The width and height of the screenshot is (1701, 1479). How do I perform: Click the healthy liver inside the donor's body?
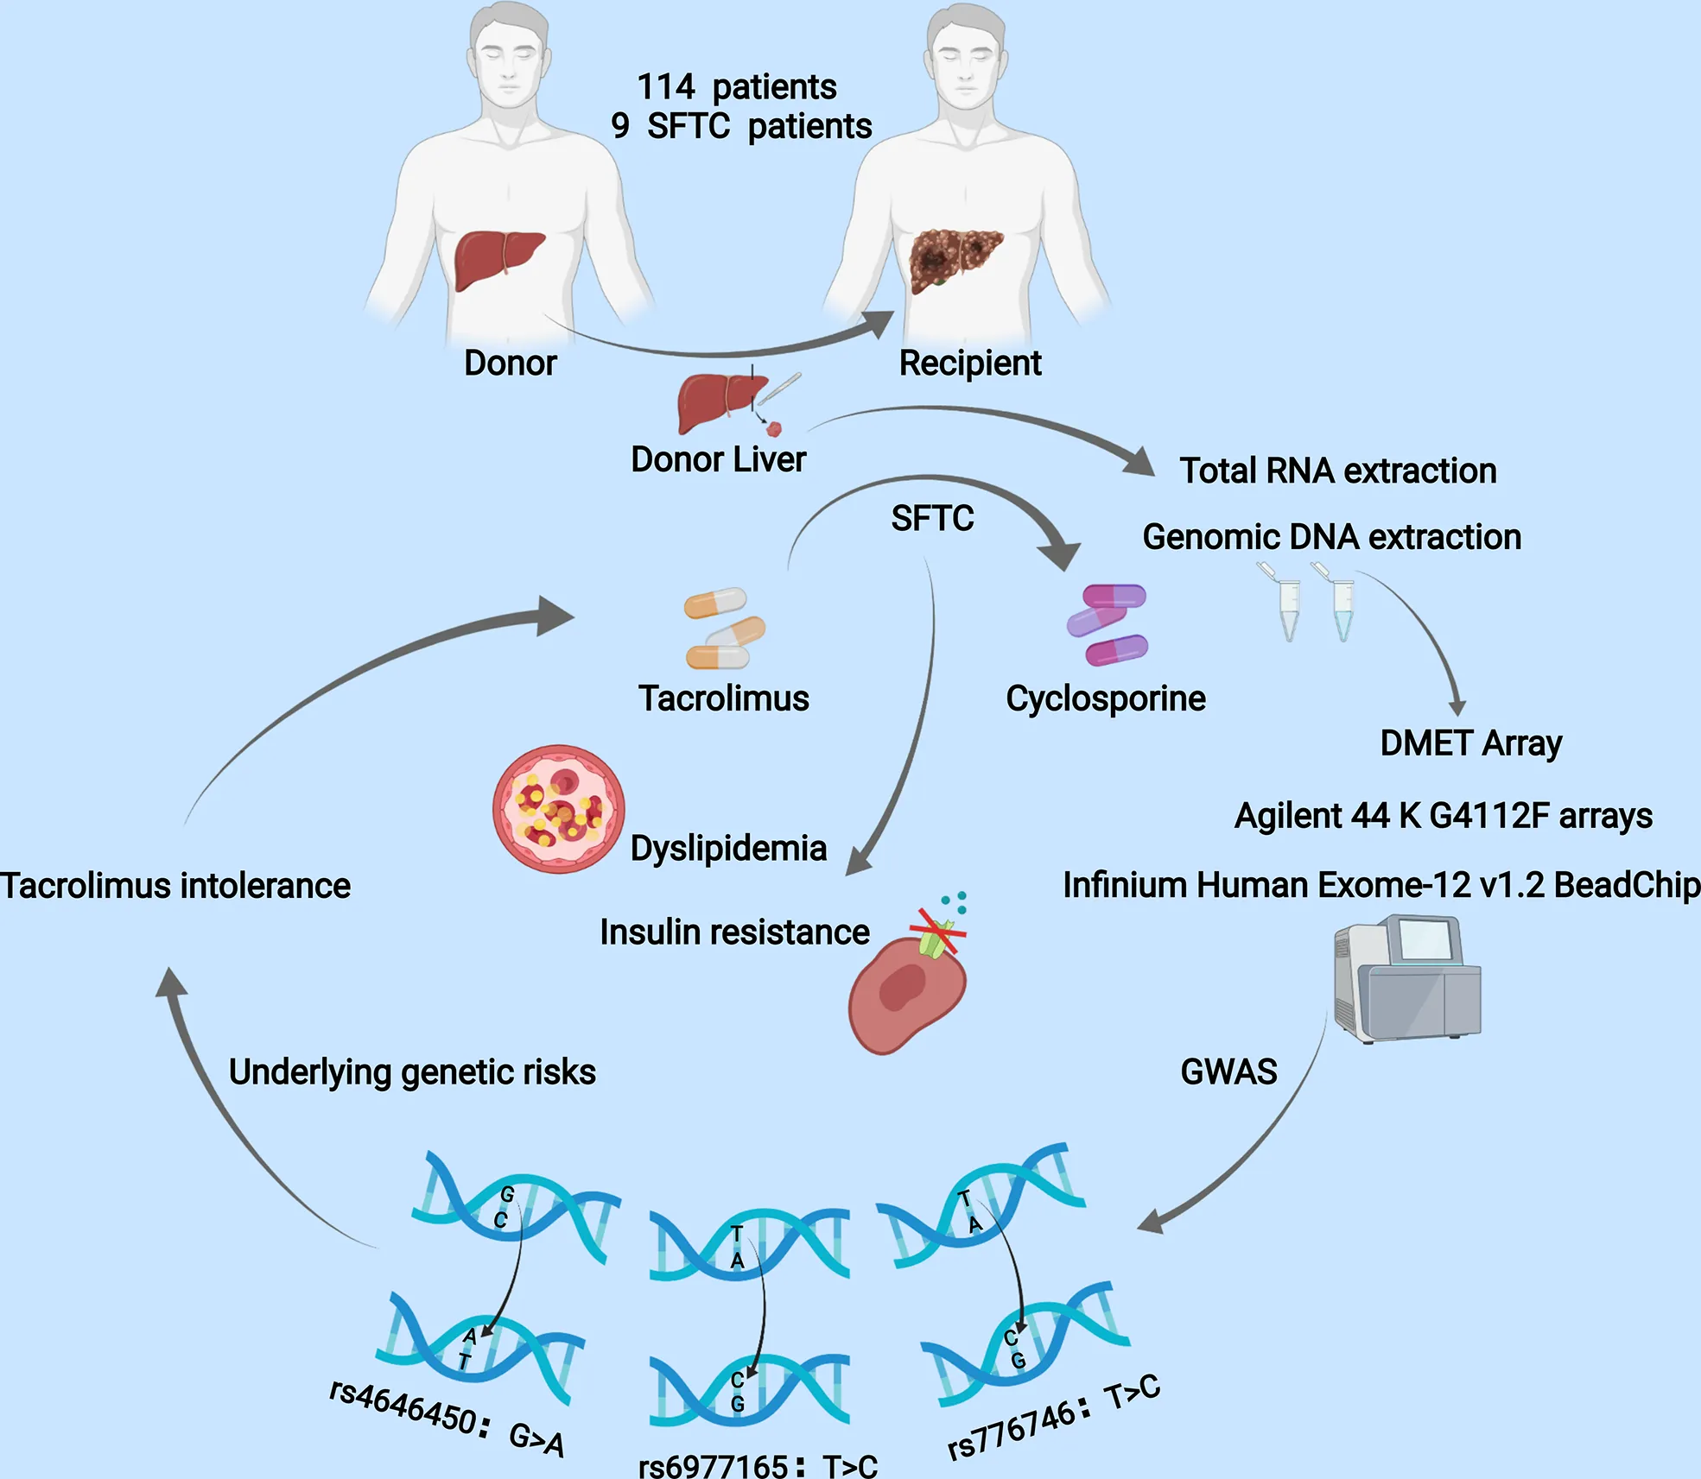pyautogui.click(x=498, y=259)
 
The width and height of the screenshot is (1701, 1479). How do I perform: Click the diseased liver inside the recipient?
pyautogui.click(x=954, y=259)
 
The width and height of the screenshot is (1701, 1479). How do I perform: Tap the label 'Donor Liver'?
pyautogui.click(x=718, y=459)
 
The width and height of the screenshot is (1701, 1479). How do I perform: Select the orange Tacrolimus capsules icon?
pyautogui.click(x=724, y=629)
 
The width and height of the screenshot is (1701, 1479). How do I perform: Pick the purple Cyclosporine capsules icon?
pyautogui.click(x=1108, y=625)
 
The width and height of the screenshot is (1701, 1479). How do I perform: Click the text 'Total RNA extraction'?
pyautogui.click(x=1337, y=471)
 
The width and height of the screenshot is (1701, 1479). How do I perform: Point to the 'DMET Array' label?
pyautogui.click(x=1470, y=743)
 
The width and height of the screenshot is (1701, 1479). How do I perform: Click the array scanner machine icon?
pyautogui.click(x=1406, y=979)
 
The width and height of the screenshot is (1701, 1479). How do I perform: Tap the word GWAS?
pyautogui.click(x=1228, y=1072)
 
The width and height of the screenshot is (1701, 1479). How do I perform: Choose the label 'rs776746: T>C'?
pyautogui.click(x=1053, y=1417)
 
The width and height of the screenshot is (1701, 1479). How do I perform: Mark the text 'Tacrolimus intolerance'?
pyautogui.click(x=175, y=886)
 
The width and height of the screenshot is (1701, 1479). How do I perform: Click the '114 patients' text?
pyautogui.click(x=737, y=87)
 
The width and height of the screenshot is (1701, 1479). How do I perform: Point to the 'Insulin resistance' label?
pyautogui.click(x=734, y=932)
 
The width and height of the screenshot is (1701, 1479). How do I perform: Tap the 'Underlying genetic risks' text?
pyautogui.click(x=412, y=1072)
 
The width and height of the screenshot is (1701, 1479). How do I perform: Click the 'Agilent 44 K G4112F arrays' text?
pyautogui.click(x=1443, y=816)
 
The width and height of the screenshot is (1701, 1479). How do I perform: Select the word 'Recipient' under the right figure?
pyautogui.click(x=969, y=363)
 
